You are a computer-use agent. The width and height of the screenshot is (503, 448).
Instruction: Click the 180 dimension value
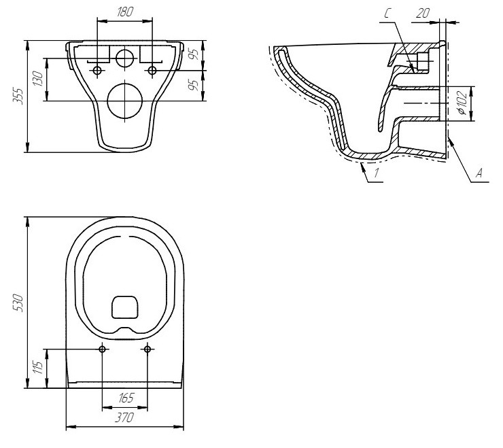point(125,12)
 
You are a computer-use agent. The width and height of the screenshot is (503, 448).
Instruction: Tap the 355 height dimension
point(18,96)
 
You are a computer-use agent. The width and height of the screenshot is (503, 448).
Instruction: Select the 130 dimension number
point(38,79)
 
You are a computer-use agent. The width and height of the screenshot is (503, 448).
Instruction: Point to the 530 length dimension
point(18,303)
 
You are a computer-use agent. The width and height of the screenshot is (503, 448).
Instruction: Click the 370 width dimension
point(124,417)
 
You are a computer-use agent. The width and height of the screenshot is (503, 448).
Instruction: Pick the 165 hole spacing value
point(126,398)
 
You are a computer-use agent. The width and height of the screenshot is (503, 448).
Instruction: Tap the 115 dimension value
point(38,367)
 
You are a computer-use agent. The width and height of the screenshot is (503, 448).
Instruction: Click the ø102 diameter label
point(462,103)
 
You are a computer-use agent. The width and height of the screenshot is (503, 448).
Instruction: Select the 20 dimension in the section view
point(423,13)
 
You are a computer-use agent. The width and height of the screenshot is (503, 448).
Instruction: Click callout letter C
point(387,14)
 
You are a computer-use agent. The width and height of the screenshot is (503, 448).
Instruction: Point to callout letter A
point(479,173)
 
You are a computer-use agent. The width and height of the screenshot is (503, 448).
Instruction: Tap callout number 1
point(377,173)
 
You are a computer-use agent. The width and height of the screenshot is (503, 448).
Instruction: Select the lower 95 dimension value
point(194,85)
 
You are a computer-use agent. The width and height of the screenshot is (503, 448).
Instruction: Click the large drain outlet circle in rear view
point(125,101)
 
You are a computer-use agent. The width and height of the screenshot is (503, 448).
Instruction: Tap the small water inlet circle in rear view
point(124,58)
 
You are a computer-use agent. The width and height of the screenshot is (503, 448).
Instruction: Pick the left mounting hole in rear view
point(97,70)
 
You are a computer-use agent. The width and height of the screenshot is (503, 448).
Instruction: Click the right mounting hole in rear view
point(152,70)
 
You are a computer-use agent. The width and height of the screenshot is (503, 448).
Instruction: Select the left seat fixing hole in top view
point(103,349)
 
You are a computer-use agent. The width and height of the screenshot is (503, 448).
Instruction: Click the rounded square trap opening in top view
point(125,307)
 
